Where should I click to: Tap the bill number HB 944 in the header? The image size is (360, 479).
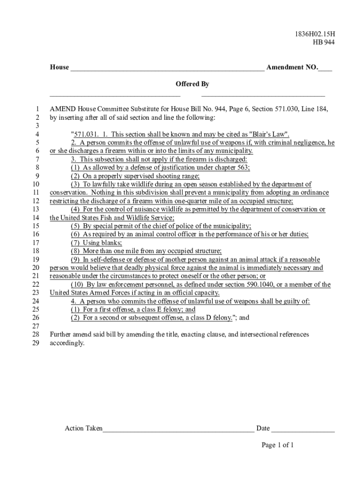(x=324, y=43)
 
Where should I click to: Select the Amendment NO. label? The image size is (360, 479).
(x=292, y=67)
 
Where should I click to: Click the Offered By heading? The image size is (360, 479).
(x=192, y=84)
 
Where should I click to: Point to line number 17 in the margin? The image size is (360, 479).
(x=36, y=243)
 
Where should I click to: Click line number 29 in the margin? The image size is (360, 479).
(x=36, y=343)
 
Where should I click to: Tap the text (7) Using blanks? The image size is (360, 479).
(x=96, y=243)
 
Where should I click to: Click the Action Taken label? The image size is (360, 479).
(x=83, y=428)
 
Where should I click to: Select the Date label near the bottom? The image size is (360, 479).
(x=263, y=428)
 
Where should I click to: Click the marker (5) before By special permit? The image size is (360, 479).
(x=76, y=226)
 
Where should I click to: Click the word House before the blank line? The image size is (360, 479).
(x=59, y=67)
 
